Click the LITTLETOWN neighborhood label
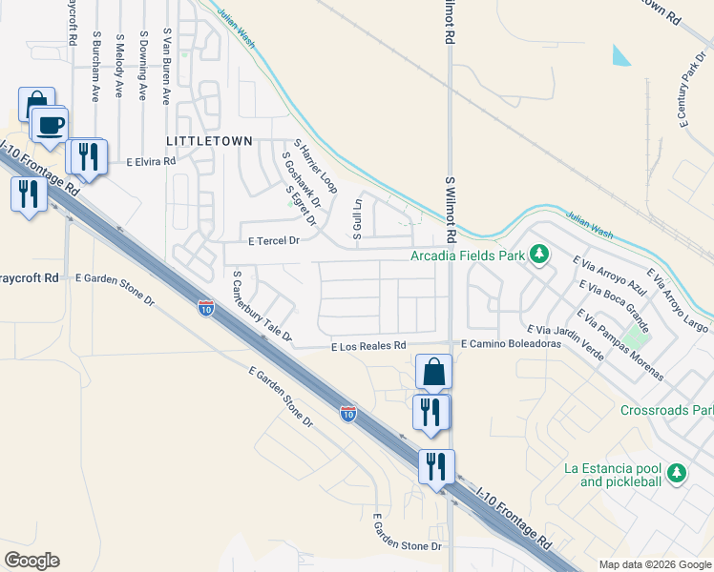coord(209,140)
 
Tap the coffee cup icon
coord(50,123)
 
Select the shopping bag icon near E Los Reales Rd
coord(434,373)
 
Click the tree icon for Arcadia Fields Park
coord(539,255)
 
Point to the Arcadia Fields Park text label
coord(468,255)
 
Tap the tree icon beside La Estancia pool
coord(677,473)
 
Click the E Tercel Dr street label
coord(274,241)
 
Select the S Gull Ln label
coord(358,217)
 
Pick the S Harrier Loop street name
coord(316,163)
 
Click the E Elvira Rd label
coord(152,162)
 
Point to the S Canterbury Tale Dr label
coord(262,306)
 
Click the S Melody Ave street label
coord(119,66)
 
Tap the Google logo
coord(31,561)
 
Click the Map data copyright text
coord(654,564)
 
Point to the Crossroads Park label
coord(666,411)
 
